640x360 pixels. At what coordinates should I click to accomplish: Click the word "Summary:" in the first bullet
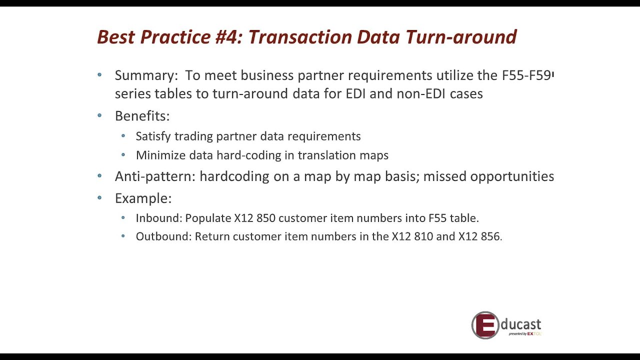[x=146, y=75]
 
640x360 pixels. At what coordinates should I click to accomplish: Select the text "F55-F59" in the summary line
[x=526, y=75]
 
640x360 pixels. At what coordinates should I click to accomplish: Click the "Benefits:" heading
[x=142, y=116]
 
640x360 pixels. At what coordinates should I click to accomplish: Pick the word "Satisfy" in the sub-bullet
[x=152, y=136]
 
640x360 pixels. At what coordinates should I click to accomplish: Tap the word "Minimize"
[x=160, y=155]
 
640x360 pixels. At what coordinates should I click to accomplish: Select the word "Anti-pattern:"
[x=155, y=176]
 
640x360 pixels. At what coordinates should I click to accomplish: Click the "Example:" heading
[x=143, y=198]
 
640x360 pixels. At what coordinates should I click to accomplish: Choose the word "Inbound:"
[x=158, y=218]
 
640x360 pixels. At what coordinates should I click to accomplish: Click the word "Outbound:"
[x=163, y=236]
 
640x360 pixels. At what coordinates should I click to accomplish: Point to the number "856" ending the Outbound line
[x=490, y=236]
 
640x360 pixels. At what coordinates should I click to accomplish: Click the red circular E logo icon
[x=485, y=325]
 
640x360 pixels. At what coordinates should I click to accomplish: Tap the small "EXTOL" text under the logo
[x=534, y=333]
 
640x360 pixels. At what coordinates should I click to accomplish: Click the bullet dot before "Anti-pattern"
[x=99, y=176]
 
